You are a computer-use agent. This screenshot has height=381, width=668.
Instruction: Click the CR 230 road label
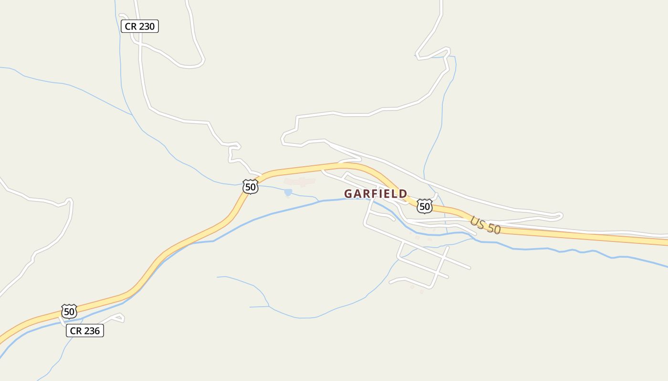pyautogui.click(x=139, y=27)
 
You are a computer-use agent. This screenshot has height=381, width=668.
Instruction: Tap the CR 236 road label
pyautogui.click(x=85, y=331)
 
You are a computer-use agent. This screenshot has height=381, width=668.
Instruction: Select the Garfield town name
pyautogui.click(x=376, y=194)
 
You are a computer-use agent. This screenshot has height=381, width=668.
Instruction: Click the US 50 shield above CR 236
pyautogui.click(x=69, y=312)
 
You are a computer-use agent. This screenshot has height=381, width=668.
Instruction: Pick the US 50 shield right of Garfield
pyautogui.click(x=424, y=206)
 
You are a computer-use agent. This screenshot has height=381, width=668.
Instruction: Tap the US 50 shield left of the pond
pyautogui.click(x=250, y=187)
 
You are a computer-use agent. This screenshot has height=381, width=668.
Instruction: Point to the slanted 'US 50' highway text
pyautogui.click(x=485, y=225)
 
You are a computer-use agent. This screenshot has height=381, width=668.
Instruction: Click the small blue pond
pyautogui.click(x=288, y=192)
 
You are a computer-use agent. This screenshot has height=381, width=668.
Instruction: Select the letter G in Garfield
pyautogui.click(x=348, y=194)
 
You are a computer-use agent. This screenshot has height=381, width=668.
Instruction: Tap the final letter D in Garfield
pyautogui.click(x=403, y=194)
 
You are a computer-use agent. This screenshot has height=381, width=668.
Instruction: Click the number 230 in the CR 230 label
pyautogui.click(x=146, y=27)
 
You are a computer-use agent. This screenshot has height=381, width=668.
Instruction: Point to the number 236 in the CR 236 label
pyautogui.click(x=92, y=331)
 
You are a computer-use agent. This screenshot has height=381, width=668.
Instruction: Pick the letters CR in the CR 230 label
pyautogui.click(x=130, y=27)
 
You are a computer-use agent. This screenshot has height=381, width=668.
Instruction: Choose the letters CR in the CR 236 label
pyautogui.click(x=76, y=331)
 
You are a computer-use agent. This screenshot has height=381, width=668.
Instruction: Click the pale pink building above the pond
pyautogui.click(x=300, y=181)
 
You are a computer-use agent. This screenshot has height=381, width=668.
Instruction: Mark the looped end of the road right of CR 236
pyautogui.click(x=121, y=317)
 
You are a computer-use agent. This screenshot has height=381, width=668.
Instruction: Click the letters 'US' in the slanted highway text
pyautogui.click(x=477, y=222)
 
